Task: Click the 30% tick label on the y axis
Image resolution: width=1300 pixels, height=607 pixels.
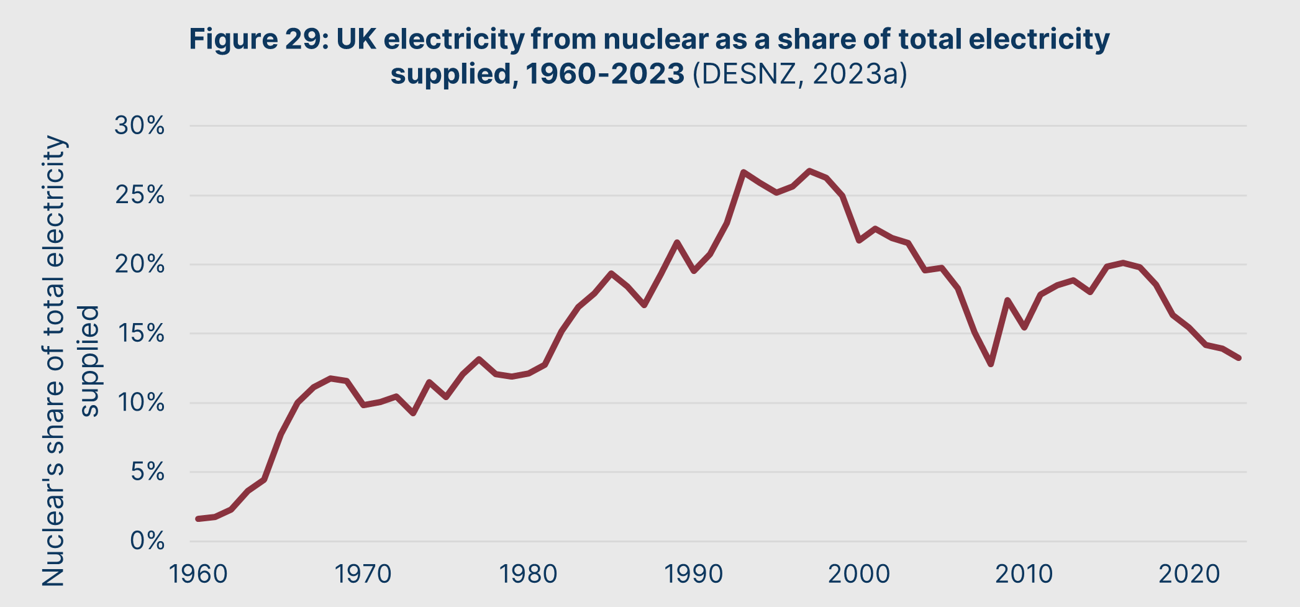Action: coord(140,127)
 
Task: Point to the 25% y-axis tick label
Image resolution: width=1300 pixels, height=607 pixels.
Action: coord(140,196)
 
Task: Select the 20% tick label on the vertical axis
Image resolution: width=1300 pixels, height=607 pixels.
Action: coord(140,265)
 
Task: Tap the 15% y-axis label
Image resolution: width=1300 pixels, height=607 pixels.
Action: coord(140,334)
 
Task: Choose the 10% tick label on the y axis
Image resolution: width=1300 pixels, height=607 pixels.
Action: coord(140,403)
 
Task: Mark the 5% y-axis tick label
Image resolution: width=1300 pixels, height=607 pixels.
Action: coord(147,473)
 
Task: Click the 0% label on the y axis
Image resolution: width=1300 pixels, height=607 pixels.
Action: coord(147,542)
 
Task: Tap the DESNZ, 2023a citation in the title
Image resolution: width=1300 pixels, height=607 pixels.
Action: coord(800,75)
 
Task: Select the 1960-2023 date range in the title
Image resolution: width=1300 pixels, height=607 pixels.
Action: coord(605,75)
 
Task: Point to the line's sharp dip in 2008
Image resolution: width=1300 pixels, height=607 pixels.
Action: coord(991,363)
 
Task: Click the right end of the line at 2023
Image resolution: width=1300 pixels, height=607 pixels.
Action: coord(1239,358)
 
